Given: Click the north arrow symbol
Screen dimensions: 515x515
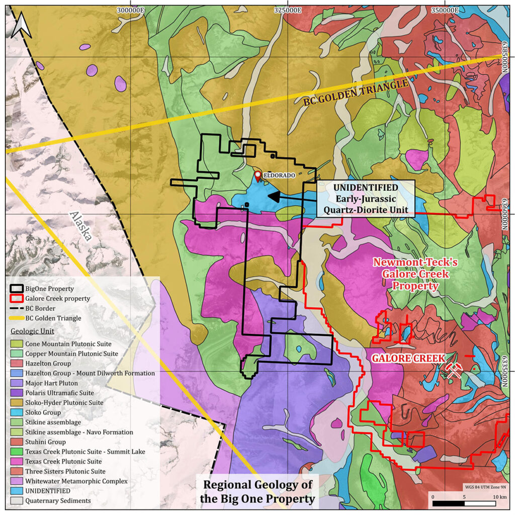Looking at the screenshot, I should click(23, 25).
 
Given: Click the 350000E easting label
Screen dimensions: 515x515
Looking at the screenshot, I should click(442, 10).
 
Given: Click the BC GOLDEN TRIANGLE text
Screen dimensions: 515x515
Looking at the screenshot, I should click(355, 93).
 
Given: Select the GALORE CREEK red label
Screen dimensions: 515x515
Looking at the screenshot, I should click(408, 358).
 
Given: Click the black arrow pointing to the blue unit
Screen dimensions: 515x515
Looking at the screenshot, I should click(292, 196).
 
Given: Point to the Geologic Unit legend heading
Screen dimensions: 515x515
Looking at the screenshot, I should click(32, 332).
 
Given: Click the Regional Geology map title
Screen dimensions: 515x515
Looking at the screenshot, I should click(257, 492).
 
